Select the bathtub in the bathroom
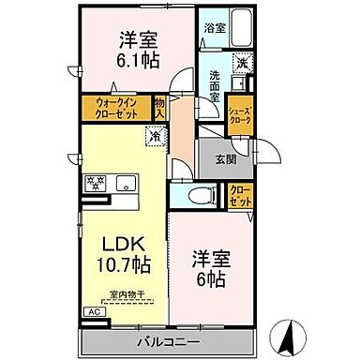[245, 27]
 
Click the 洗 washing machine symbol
[241, 64]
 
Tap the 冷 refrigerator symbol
[152, 135]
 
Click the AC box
[94, 310]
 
